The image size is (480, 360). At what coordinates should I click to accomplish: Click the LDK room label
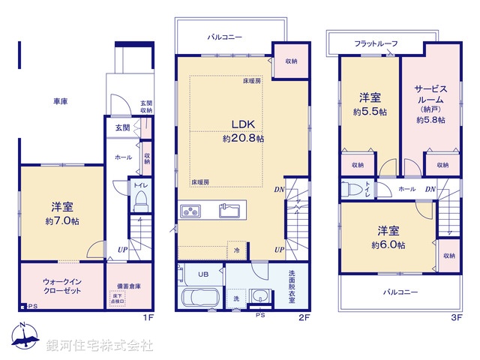(x=242, y=124)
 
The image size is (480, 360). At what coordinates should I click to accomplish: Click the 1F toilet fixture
(x=139, y=200)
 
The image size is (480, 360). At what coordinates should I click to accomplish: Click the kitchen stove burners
(x=189, y=210)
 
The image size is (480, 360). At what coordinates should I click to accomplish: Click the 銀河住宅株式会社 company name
(x=100, y=346)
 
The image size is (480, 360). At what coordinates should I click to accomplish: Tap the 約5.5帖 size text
(x=370, y=112)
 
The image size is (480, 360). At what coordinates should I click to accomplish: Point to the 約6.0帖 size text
(x=388, y=245)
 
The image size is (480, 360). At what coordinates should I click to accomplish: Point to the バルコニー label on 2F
(x=225, y=36)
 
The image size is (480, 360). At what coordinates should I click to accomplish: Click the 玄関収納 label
(x=147, y=107)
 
